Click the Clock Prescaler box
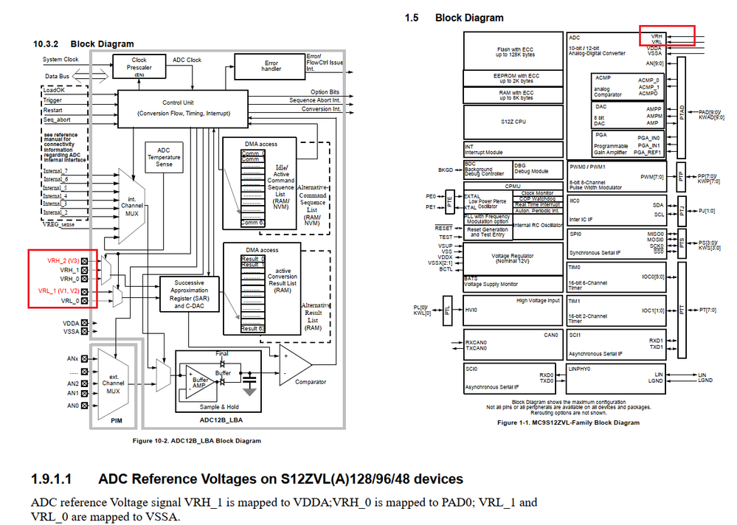(x=138, y=66)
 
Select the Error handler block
(x=271, y=67)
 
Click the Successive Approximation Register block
(x=187, y=293)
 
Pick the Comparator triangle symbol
(x=294, y=365)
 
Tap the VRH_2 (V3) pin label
(x=63, y=261)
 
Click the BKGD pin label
(x=445, y=170)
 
